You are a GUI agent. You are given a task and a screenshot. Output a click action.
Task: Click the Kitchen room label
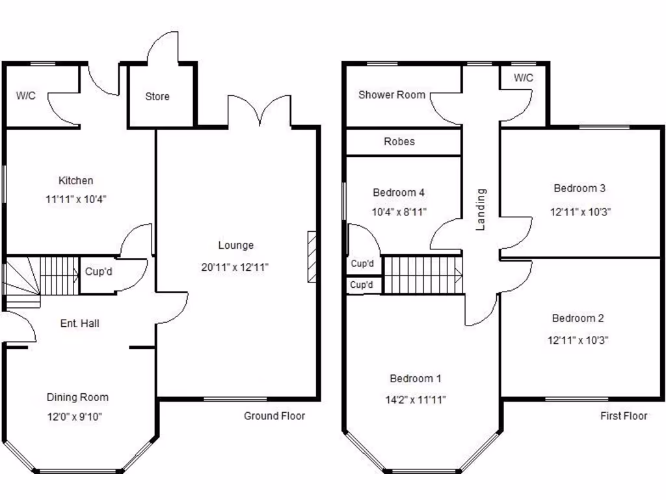[76, 180]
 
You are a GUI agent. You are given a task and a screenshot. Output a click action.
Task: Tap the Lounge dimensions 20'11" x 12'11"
[235, 266]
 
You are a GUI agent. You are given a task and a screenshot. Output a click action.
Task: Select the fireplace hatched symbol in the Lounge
[312, 257]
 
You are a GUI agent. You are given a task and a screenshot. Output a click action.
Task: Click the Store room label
[157, 96]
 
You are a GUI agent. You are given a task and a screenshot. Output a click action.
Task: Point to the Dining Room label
[77, 397]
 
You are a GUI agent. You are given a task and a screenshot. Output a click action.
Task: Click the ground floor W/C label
[26, 95]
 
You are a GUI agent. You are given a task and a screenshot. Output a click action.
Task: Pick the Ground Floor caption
[274, 416]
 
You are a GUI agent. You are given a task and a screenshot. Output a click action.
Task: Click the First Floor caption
[623, 416]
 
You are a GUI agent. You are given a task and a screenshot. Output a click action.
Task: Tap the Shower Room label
[392, 95]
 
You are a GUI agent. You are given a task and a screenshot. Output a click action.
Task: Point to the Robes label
[399, 141]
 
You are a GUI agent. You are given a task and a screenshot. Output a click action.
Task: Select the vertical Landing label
[481, 210]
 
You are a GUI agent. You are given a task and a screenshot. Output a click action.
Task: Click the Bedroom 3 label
[579, 188]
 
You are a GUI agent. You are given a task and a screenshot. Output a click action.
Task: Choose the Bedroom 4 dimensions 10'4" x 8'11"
[399, 212]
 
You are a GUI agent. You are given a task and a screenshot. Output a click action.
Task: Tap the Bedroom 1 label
[416, 378]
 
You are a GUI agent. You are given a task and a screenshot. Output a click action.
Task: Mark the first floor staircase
[423, 275]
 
